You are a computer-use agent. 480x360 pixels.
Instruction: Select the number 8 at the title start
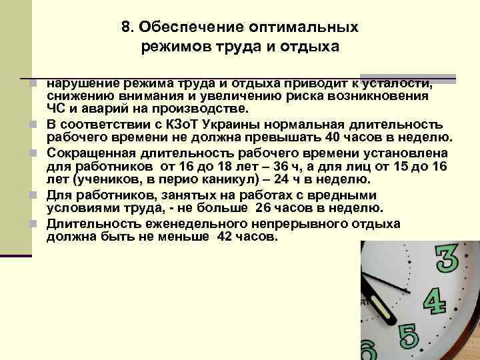coord(126,28)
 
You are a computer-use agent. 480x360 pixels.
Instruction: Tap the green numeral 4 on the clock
coord(435,301)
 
